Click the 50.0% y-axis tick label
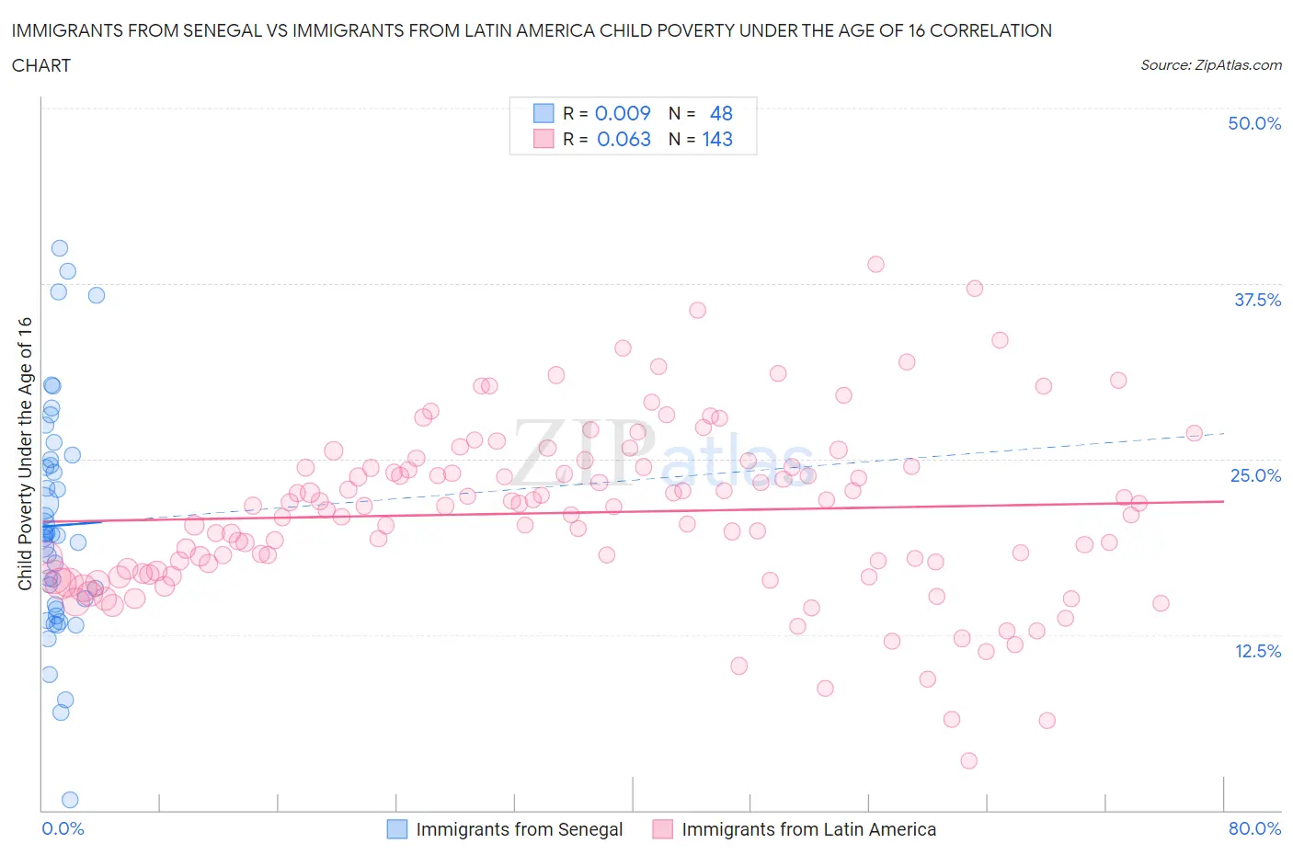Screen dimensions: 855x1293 coord(1254,123)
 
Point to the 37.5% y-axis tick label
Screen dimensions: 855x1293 coord(1257,300)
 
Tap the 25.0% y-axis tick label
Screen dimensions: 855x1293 coord(1255,475)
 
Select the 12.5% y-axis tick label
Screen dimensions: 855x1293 coord(1257,651)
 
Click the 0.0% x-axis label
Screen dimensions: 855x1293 coord(63,828)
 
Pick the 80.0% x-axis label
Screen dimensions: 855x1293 coord(1254,828)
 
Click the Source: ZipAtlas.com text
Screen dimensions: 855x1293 coord(1210,65)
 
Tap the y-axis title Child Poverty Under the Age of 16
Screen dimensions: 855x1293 coord(25,453)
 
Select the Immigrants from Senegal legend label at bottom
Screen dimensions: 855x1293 coord(519,829)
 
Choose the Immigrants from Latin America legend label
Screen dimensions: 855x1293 coord(808,829)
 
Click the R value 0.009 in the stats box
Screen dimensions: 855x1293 coord(623,113)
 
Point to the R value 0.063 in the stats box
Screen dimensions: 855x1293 coord(624,139)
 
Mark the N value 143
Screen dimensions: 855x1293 coord(717,139)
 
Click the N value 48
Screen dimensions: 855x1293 coord(721,113)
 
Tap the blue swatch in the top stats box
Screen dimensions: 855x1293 coord(544,113)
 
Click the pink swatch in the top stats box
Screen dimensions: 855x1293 coord(544,139)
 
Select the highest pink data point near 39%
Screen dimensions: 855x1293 coord(875,264)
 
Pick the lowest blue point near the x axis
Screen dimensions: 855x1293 coord(70,800)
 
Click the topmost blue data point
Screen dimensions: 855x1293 coord(60,248)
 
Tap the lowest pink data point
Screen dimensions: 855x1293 coord(968,760)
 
